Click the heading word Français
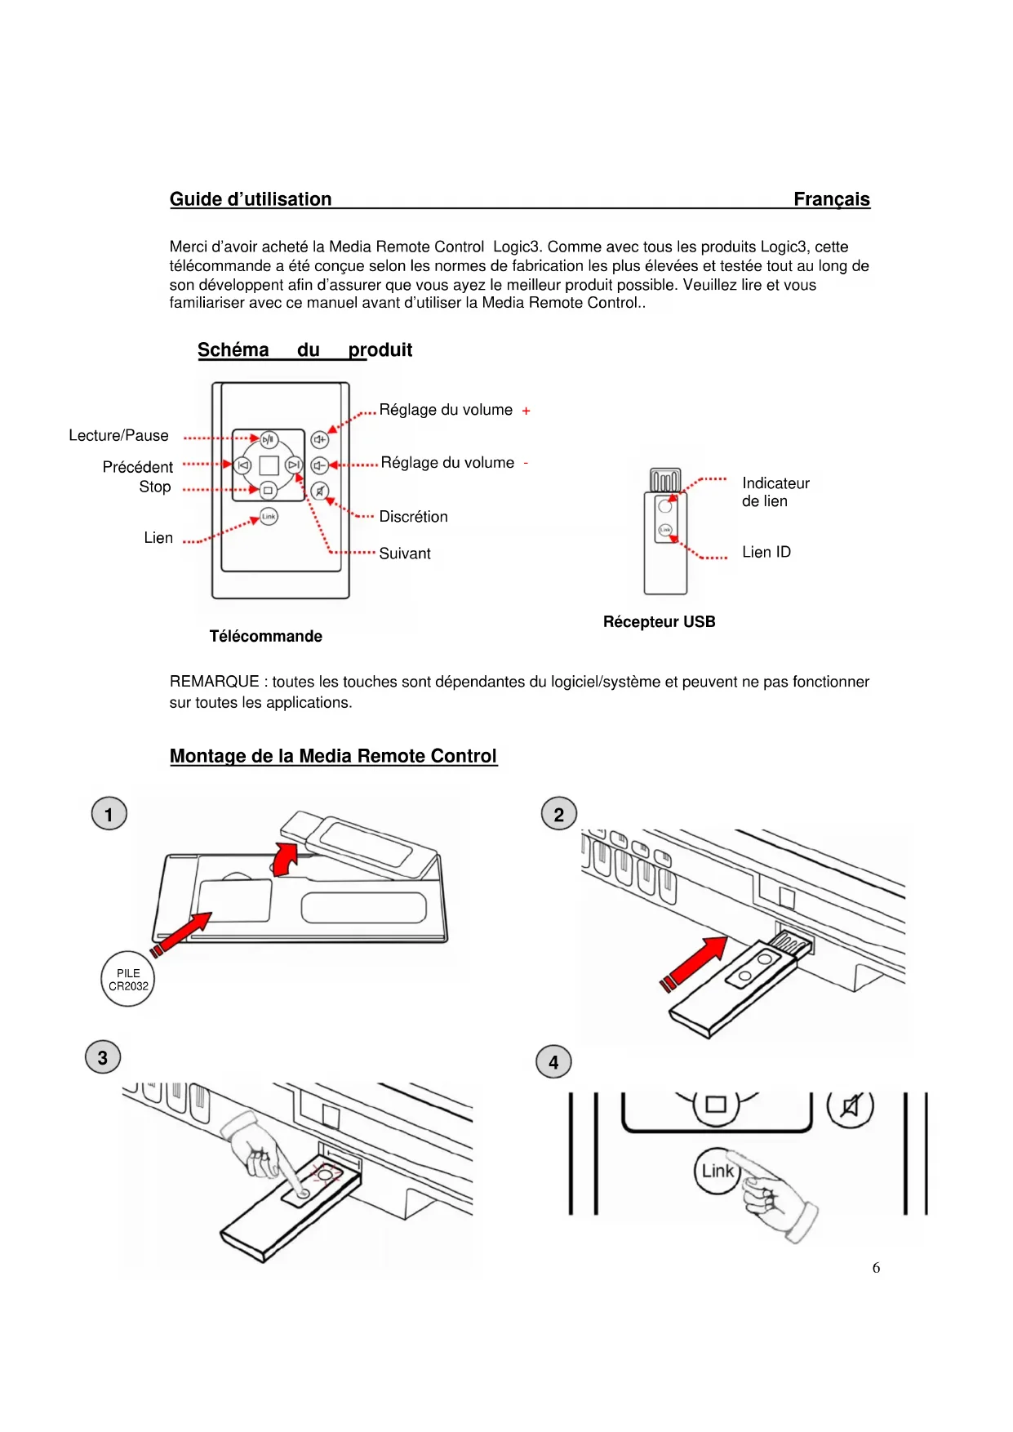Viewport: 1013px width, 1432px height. click(x=831, y=199)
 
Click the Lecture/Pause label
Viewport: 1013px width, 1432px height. click(x=118, y=435)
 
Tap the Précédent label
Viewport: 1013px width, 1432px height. click(x=137, y=467)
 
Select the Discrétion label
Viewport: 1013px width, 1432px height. click(x=413, y=517)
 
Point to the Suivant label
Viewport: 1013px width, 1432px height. click(x=405, y=554)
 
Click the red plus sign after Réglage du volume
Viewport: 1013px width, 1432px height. click(x=526, y=411)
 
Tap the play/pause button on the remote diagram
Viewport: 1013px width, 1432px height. click(x=269, y=439)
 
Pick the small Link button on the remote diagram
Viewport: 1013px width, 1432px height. click(x=269, y=516)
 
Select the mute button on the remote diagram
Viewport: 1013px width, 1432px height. click(x=320, y=491)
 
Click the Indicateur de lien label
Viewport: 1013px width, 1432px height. click(x=775, y=492)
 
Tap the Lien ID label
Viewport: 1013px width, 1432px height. click(x=766, y=552)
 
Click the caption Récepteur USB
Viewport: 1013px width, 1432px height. click(x=659, y=622)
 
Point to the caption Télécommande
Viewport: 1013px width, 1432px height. click(x=265, y=636)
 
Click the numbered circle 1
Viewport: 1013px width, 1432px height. click(x=109, y=814)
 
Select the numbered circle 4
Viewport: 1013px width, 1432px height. click(x=553, y=1062)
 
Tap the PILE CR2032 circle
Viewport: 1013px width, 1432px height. click(x=128, y=979)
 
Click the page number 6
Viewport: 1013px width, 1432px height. click(x=876, y=1268)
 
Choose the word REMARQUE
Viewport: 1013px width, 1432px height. click(x=214, y=682)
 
